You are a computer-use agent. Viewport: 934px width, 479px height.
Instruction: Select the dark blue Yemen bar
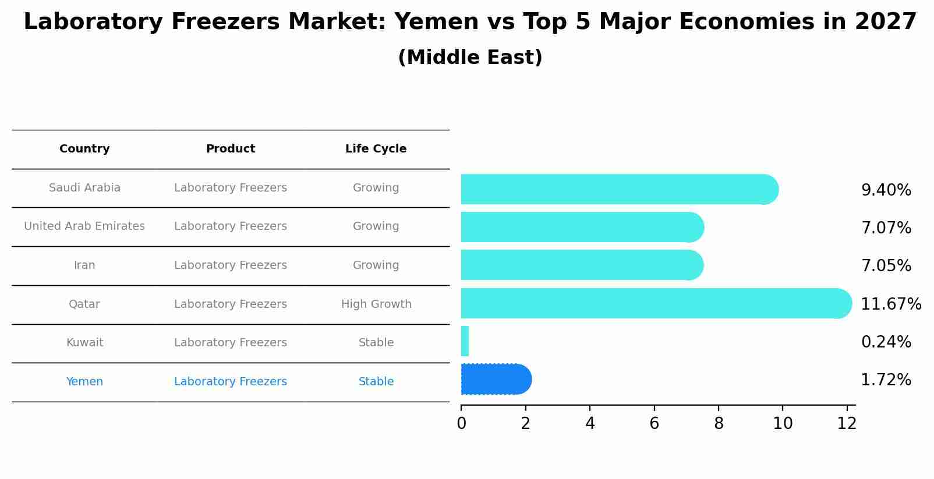click(x=496, y=379)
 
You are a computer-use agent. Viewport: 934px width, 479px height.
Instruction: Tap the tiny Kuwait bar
click(x=465, y=341)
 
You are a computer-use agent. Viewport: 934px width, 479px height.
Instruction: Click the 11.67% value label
click(x=890, y=304)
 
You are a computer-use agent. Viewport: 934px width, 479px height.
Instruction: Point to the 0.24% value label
click(x=886, y=342)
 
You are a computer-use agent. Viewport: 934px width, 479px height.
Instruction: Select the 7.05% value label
click(x=886, y=266)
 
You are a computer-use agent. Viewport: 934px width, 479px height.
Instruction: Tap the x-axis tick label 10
click(x=782, y=424)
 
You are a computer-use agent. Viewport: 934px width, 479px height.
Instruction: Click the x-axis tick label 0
click(x=461, y=424)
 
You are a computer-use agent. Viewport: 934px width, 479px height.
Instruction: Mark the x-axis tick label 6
click(x=654, y=424)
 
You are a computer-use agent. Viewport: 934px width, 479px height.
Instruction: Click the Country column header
click(x=84, y=149)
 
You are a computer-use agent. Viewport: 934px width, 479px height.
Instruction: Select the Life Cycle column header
click(x=376, y=149)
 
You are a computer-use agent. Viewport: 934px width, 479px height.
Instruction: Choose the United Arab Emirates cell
click(x=84, y=226)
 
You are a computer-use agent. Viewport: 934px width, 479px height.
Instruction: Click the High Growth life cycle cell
click(x=376, y=304)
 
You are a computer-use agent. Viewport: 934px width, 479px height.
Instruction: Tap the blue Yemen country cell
click(x=84, y=382)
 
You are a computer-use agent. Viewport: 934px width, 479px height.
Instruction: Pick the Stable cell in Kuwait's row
click(x=376, y=343)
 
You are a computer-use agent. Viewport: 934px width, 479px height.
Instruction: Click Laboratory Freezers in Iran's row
click(x=231, y=265)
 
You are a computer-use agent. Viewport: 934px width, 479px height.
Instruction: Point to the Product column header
click(x=231, y=149)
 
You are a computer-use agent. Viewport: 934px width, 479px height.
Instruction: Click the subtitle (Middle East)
click(x=470, y=58)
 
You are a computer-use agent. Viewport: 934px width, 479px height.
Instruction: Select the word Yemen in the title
click(x=429, y=22)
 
